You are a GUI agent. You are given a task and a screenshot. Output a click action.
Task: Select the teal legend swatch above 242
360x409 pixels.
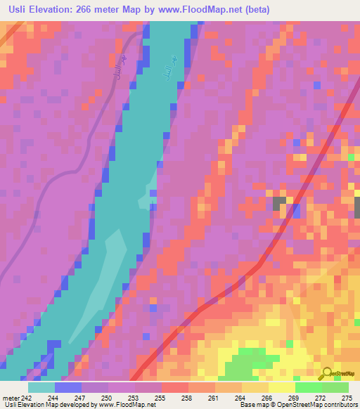(x=41, y=387)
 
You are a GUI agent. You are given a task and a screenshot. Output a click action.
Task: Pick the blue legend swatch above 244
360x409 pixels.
(x=68, y=387)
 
